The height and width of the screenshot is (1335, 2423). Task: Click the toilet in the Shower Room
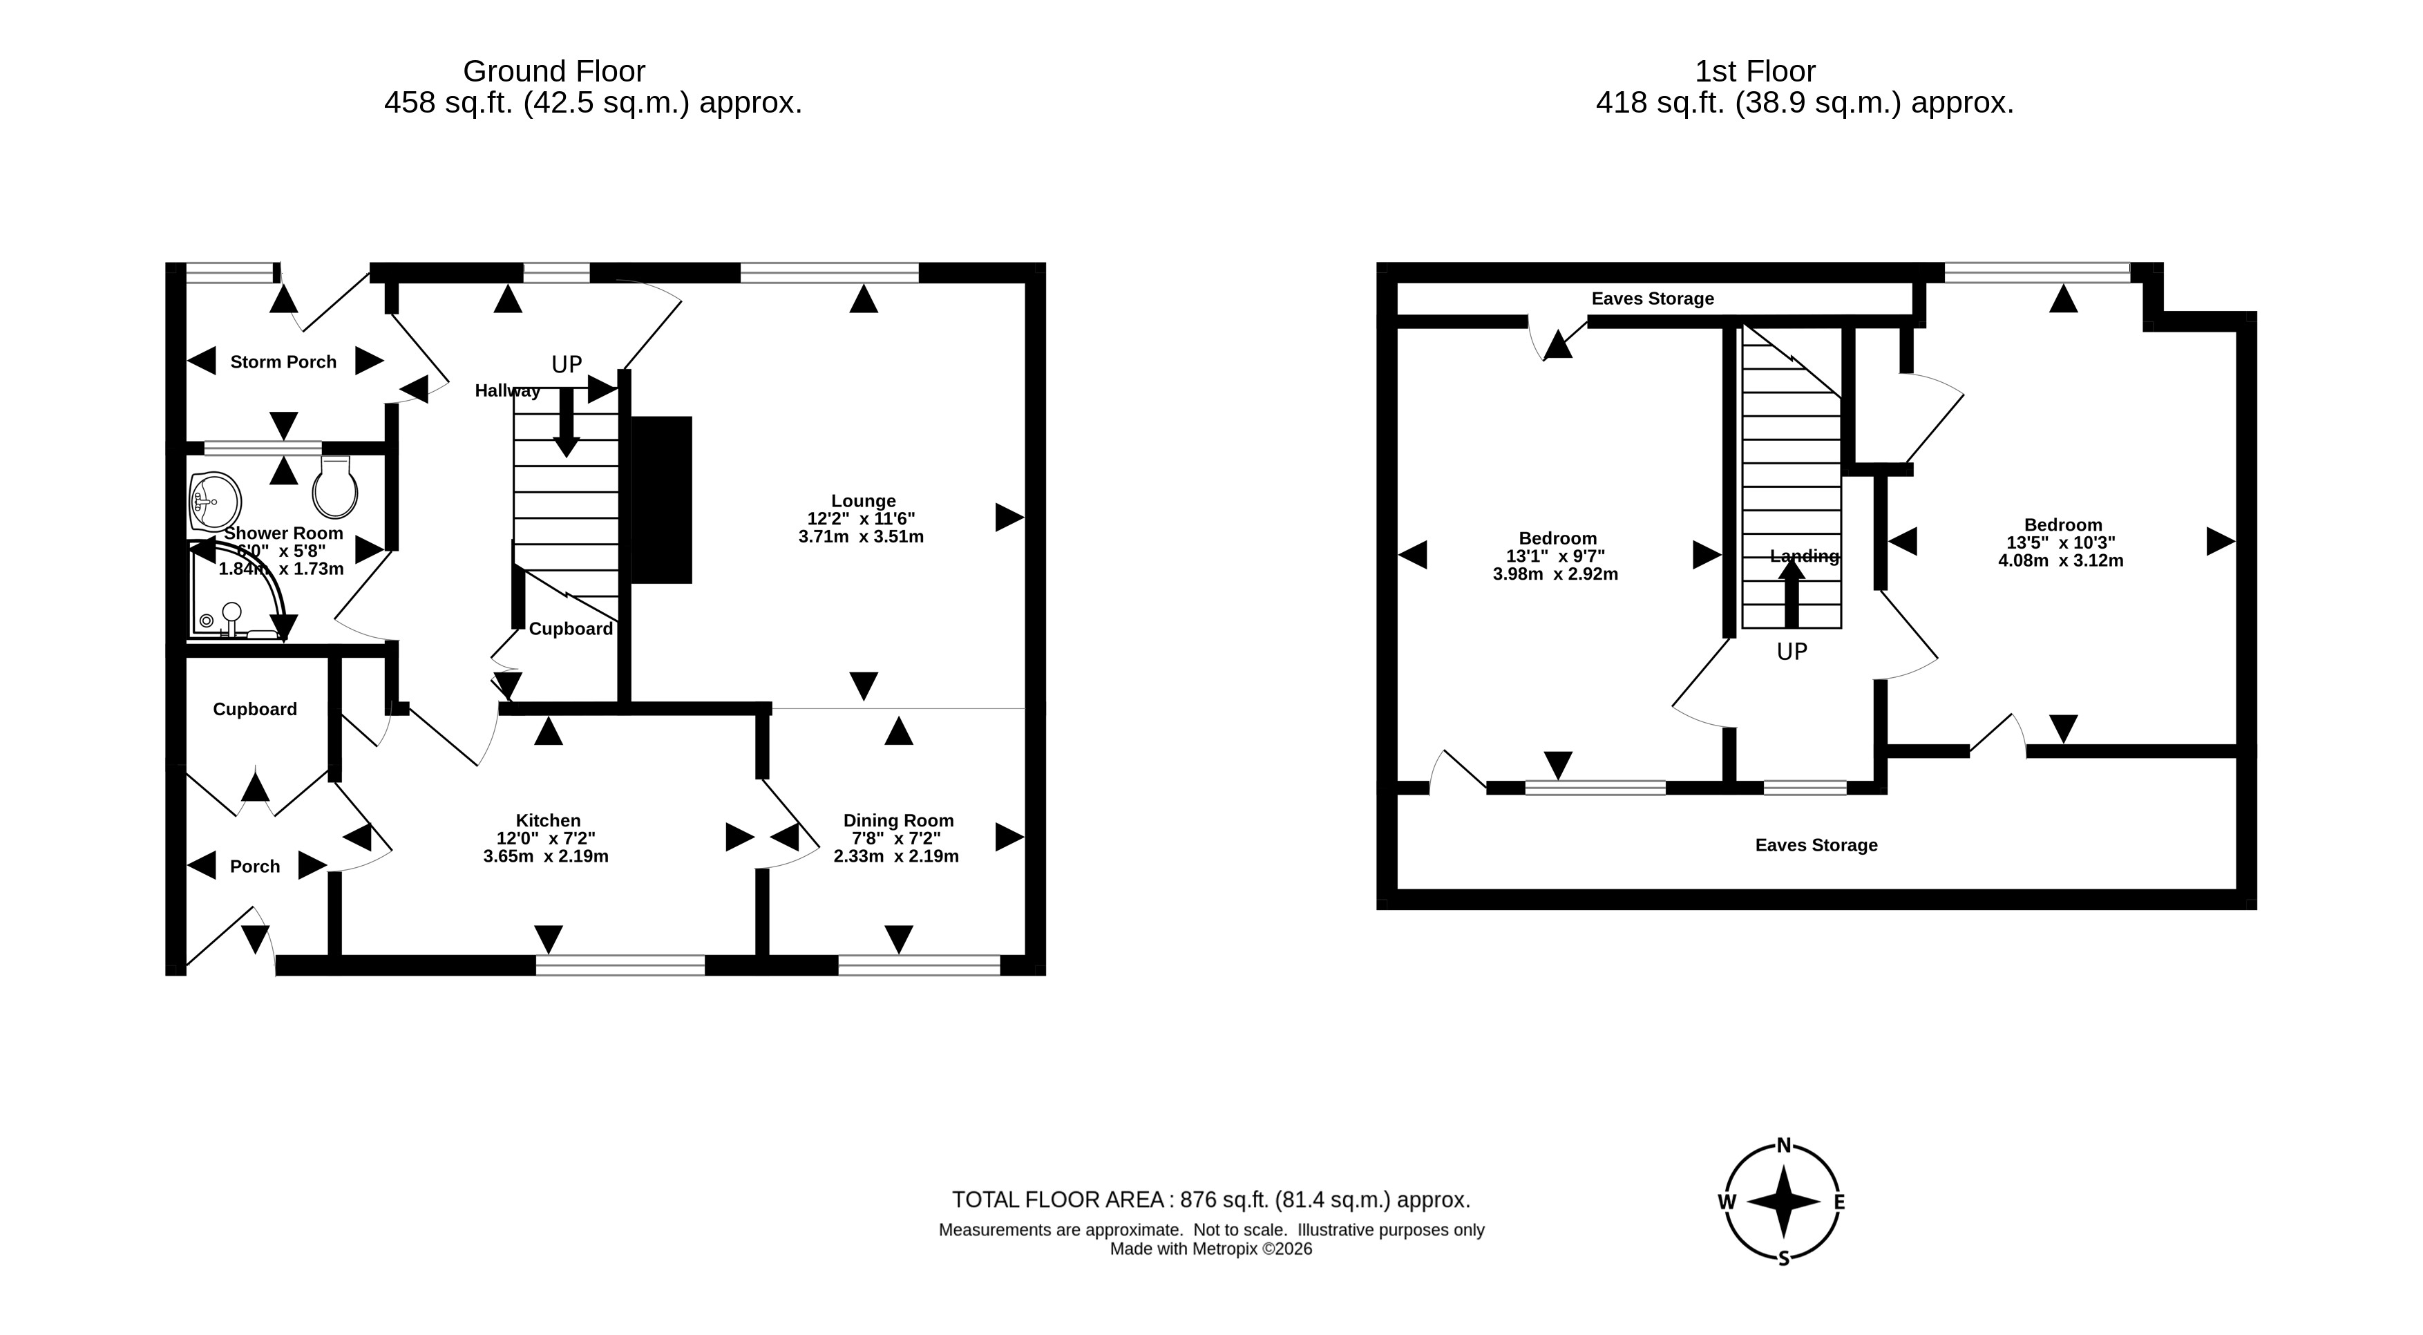point(336,487)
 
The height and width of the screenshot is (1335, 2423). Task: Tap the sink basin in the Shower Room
point(216,502)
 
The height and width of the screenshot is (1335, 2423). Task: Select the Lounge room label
point(864,500)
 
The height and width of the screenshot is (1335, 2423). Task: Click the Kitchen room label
point(549,820)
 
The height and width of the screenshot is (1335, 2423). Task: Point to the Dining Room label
point(898,820)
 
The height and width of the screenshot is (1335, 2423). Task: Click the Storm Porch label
point(283,362)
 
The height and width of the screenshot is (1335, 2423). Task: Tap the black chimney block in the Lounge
point(661,500)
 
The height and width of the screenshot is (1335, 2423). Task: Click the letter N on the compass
point(1783,1146)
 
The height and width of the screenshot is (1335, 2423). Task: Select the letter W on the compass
point(1727,1202)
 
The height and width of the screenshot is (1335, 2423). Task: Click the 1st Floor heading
point(1755,71)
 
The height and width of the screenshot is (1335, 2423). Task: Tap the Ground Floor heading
point(554,71)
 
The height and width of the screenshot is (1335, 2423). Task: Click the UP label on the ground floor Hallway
point(567,364)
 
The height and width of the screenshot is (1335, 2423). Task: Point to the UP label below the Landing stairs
point(1792,651)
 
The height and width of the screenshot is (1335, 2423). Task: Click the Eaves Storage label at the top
point(1653,299)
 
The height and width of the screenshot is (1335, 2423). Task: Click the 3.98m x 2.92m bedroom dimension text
point(1556,574)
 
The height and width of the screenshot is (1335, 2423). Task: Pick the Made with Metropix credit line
point(1212,1249)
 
